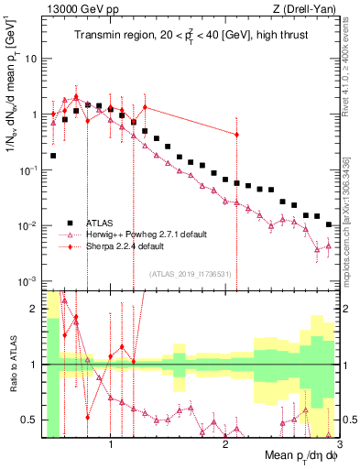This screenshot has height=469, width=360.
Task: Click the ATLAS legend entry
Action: pos(100,223)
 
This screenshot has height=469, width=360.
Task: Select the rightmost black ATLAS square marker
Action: pos(328,224)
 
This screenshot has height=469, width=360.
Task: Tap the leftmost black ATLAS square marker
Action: pos(53,156)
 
